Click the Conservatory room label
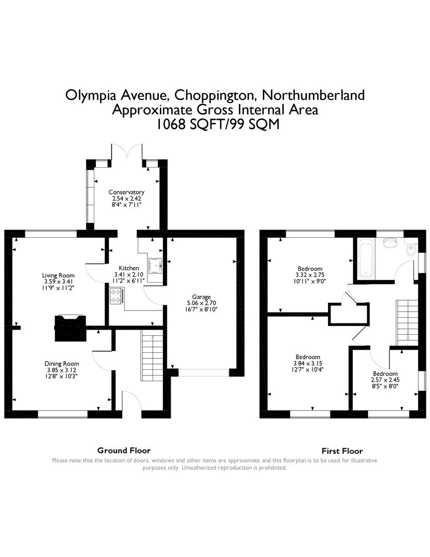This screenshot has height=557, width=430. click(x=126, y=192)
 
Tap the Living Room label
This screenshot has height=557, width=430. click(x=58, y=275)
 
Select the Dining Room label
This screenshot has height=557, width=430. click(x=62, y=364)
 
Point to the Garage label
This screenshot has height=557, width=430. click(x=201, y=297)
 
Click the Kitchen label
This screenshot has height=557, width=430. click(x=128, y=268)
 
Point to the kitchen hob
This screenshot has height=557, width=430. click(x=117, y=296)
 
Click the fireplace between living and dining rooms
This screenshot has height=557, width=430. click(x=70, y=328)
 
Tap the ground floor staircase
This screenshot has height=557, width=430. click(x=152, y=355)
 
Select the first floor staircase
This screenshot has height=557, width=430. click(x=407, y=322)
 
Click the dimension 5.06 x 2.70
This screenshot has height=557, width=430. click(x=201, y=303)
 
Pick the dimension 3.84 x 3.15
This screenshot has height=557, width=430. click(x=307, y=363)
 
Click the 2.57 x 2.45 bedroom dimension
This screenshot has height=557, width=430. click(x=385, y=380)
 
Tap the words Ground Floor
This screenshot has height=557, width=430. click(x=124, y=450)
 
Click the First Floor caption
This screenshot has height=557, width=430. click(x=342, y=451)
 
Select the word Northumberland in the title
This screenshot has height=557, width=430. click(x=313, y=95)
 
